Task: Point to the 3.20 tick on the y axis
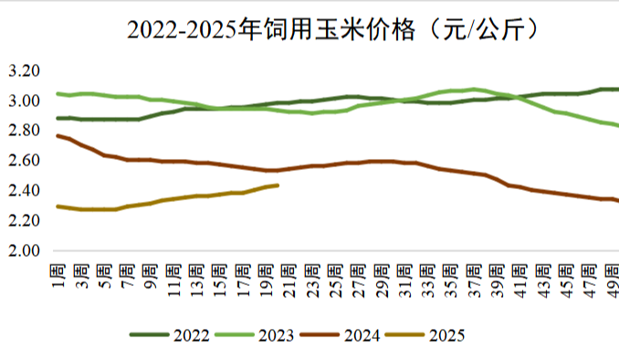pyautogui.click(x=25, y=70)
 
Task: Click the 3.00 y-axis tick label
pyautogui.click(x=25, y=101)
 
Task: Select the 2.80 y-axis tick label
pyautogui.click(x=25, y=131)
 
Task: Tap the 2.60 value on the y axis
pyautogui.click(x=25, y=161)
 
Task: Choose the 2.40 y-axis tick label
pyautogui.click(x=25, y=191)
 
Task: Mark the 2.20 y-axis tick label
pyautogui.click(x=25, y=221)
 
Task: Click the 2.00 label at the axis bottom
pyautogui.click(x=25, y=251)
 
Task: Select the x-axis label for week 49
pyautogui.click(x=613, y=280)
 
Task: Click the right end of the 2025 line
pyautogui.click(x=278, y=185)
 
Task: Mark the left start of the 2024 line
pyautogui.click(x=57, y=135)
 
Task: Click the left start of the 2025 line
pyautogui.click(x=57, y=206)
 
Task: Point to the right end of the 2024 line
pyautogui.click(x=617, y=201)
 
